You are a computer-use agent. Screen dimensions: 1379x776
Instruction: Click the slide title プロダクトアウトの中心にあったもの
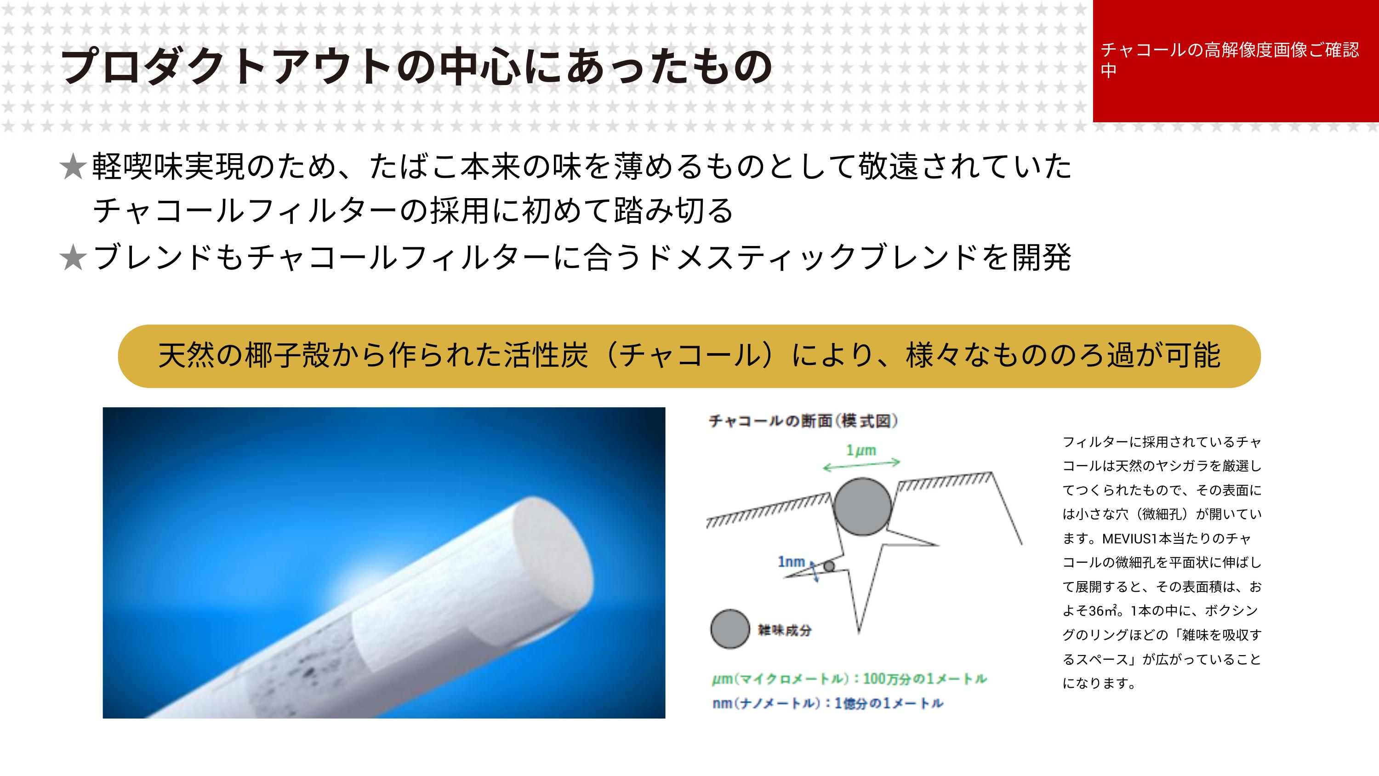coord(416,68)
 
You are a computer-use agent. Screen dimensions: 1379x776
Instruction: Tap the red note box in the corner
coord(1236,61)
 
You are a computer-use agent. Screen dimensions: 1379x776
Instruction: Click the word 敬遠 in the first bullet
coord(889,166)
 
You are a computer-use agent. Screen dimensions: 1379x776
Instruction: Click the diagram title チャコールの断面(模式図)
coord(803,421)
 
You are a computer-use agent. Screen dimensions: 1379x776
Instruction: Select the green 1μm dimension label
coord(861,451)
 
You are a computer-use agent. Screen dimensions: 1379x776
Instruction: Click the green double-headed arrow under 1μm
coord(861,465)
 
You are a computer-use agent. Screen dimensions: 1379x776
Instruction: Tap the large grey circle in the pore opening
coord(862,506)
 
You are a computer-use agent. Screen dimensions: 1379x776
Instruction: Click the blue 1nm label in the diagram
coord(791,562)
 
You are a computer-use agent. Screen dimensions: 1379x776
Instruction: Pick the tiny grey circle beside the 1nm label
coord(829,566)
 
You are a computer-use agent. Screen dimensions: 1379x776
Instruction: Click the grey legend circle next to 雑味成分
coord(729,629)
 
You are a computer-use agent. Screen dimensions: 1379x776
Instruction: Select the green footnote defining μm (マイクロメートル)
coord(849,679)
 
